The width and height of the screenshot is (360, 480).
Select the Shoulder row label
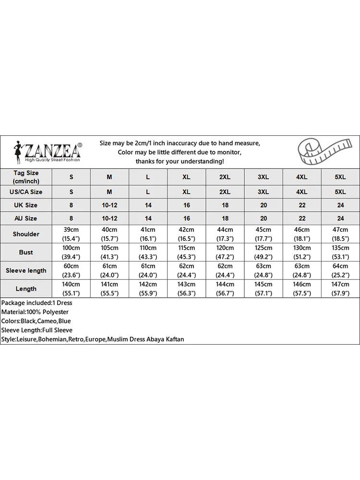[26, 234]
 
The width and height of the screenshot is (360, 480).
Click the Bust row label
[26, 252]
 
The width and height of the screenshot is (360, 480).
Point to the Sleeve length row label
[26, 270]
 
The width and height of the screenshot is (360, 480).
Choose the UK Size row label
[26, 205]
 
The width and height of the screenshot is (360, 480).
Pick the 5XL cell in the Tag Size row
[340, 177]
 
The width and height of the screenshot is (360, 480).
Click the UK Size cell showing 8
[72, 205]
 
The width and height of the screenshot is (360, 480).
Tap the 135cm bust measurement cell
[340, 252]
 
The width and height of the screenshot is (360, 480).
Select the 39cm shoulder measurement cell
[72, 234]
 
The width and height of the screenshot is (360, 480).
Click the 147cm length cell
[340, 288]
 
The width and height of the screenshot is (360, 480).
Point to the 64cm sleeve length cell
[340, 270]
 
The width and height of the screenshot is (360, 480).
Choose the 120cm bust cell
[225, 252]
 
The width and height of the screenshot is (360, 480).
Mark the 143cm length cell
[186, 288]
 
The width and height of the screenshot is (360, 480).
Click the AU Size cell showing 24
[340, 218]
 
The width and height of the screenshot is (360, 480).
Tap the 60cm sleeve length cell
[72, 270]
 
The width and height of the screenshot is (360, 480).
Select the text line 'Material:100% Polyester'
[35, 312]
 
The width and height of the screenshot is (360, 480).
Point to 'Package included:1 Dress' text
[36, 303]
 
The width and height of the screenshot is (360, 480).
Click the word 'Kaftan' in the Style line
[174, 339]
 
